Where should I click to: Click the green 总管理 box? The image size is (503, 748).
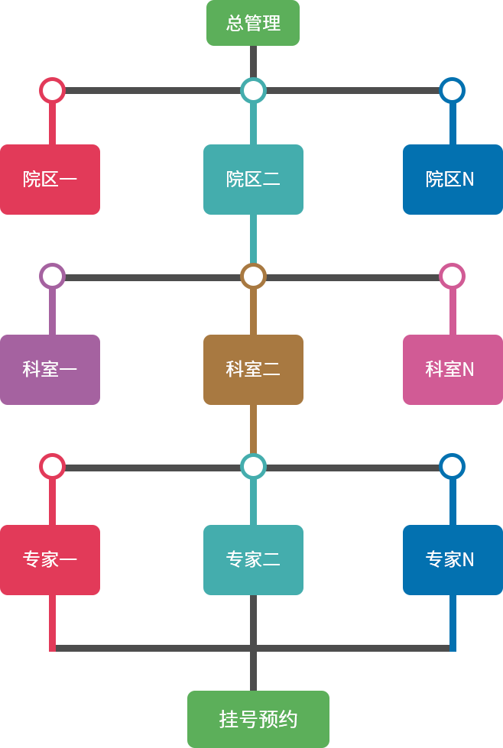(x=252, y=23)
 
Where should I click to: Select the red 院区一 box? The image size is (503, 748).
(x=50, y=179)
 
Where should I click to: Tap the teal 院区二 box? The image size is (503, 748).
(x=253, y=179)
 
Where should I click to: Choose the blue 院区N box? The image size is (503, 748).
(x=452, y=179)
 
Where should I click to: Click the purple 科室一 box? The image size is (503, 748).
(x=50, y=369)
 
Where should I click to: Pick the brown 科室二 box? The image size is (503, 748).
(x=253, y=369)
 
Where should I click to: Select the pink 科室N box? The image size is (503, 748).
(x=452, y=369)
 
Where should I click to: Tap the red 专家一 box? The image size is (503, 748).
(x=50, y=559)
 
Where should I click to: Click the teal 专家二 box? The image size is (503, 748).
(x=253, y=559)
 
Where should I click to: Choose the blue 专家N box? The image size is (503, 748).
(x=452, y=559)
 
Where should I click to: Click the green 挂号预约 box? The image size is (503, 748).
(x=258, y=718)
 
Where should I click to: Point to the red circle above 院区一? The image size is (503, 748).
(x=52, y=90)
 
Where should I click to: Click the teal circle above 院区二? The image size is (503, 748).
(x=253, y=90)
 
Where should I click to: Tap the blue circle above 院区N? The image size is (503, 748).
(x=452, y=90)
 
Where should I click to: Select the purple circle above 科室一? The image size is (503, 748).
(x=52, y=276)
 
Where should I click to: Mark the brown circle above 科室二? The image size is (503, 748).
(x=253, y=276)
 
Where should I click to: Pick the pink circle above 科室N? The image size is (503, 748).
(x=452, y=276)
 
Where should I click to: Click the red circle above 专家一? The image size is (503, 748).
(x=52, y=466)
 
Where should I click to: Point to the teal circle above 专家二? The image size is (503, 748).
(x=253, y=466)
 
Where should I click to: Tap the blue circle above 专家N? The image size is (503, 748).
(x=452, y=466)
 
